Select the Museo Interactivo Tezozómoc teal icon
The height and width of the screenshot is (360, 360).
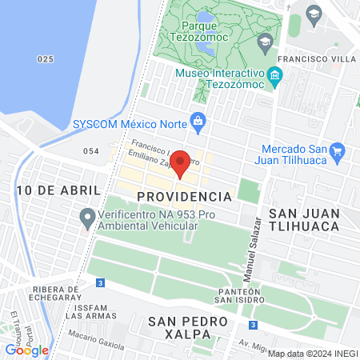(x=276, y=78)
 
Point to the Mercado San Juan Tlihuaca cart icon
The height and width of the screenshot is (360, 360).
(x=337, y=150)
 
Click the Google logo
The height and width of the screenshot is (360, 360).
(x=26, y=350)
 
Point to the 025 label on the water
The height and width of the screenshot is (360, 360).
(x=46, y=59)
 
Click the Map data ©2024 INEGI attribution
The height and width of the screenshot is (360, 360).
(x=311, y=354)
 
